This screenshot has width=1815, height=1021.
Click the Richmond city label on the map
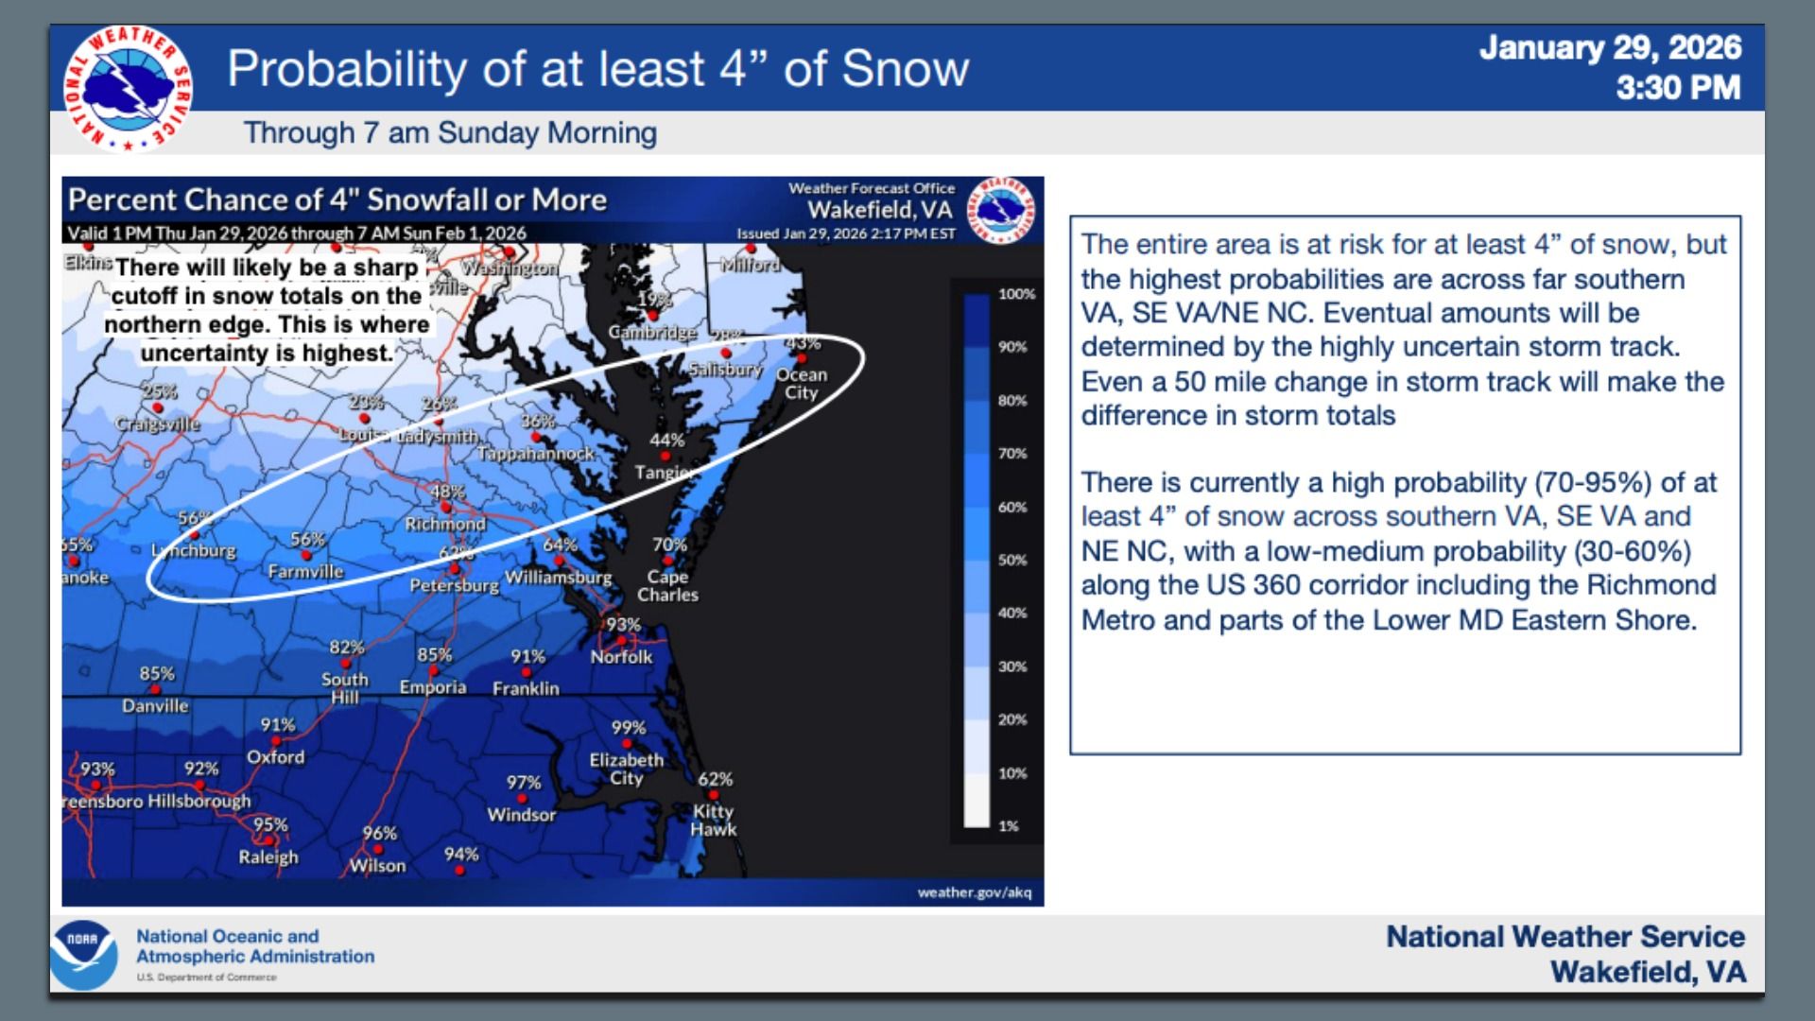click(x=445, y=524)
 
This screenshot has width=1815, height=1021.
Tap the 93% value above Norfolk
click(x=623, y=625)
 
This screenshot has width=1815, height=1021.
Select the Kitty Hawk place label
click(x=713, y=820)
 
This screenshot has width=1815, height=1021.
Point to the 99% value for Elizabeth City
click(x=629, y=727)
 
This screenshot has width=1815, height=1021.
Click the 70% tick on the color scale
click(x=1011, y=454)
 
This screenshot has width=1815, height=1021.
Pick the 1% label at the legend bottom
click(x=1009, y=826)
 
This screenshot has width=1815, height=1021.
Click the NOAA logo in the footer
click(x=84, y=955)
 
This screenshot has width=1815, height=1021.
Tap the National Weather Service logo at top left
click(x=128, y=89)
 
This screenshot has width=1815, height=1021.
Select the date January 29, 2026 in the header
click(x=1610, y=48)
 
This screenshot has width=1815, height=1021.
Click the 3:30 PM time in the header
click(x=1678, y=88)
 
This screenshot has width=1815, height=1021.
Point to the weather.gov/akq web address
click(x=975, y=892)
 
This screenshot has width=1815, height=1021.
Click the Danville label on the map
click(x=155, y=706)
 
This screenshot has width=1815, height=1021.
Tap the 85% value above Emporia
click(x=434, y=654)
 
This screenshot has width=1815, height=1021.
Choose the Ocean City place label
click(x=802, y=383)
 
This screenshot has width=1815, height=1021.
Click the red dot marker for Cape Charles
click(x=667, y=561)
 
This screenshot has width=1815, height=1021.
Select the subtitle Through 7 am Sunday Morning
click(x=450, y=132)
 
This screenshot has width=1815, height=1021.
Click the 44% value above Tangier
click(x=666, y=440)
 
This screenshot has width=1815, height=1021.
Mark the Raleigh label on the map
click(x=268, y=857)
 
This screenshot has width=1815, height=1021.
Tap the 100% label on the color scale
click(x=1016, y=294)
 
